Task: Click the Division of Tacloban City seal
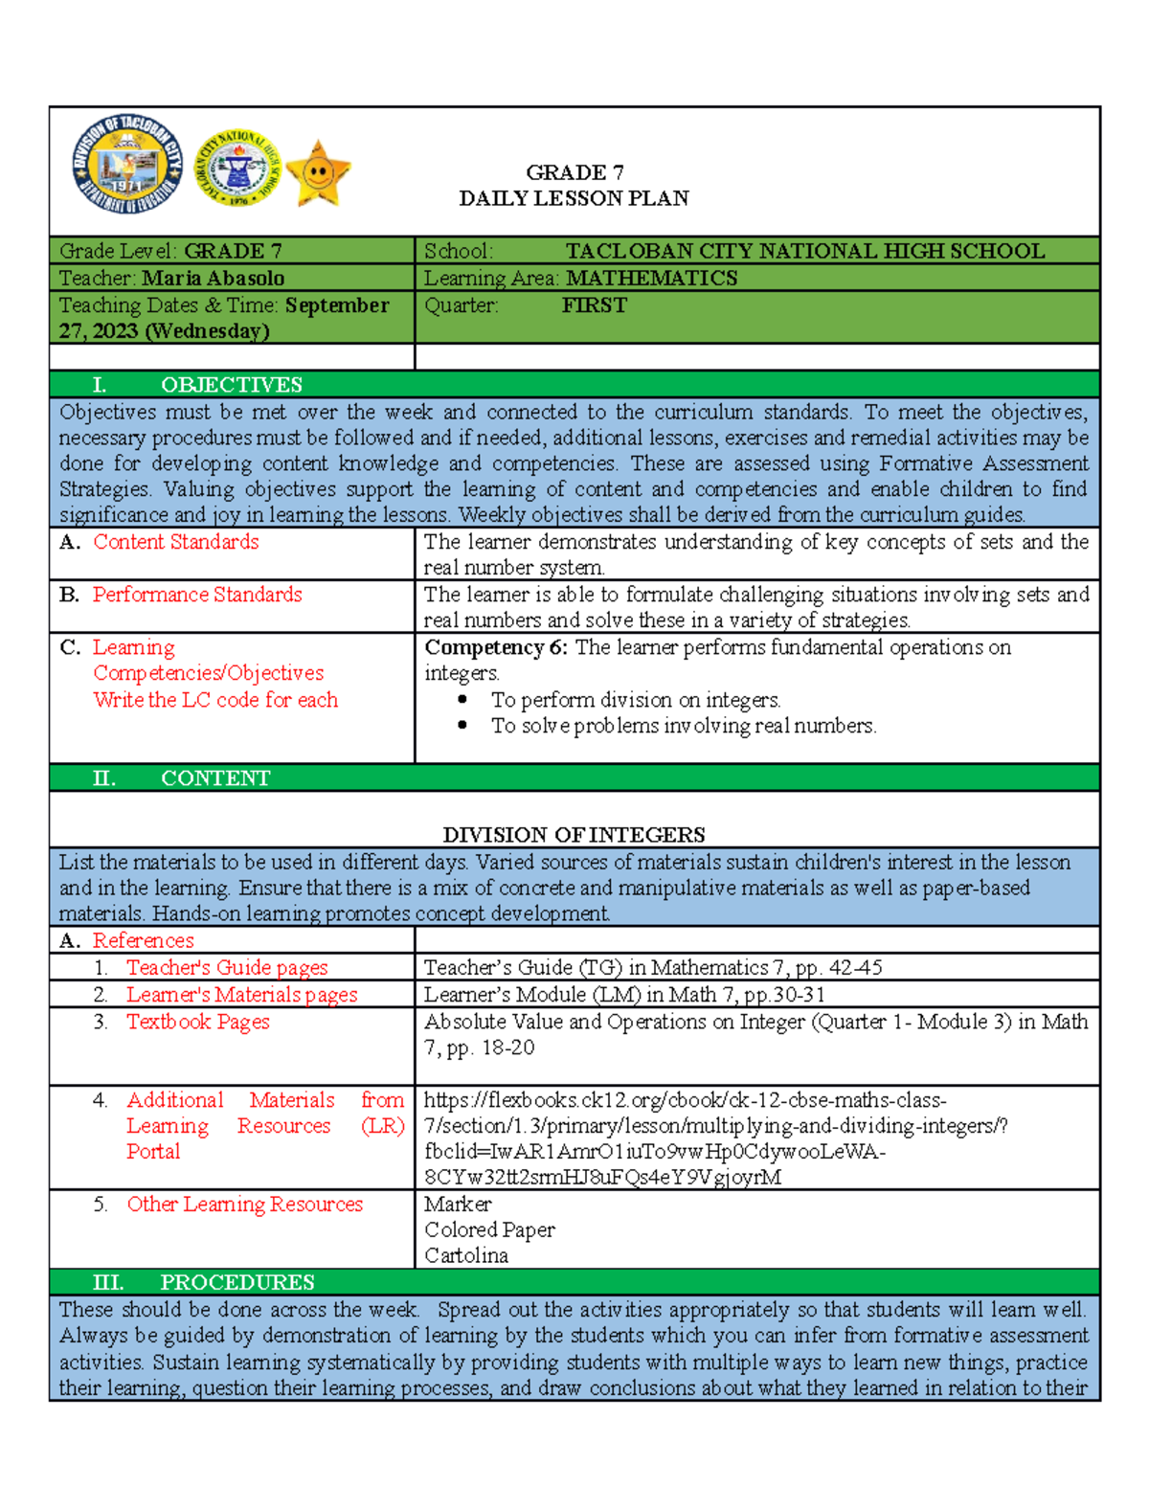(128, 168)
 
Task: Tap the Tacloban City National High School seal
(238, 169)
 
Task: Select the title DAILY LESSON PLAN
(574, 198)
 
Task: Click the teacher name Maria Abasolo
(214, 279)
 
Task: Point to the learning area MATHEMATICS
(651, 279)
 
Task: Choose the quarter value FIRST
(594, 305)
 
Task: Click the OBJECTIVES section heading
(231, 385)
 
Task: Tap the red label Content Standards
(176, 542)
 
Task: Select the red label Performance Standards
(197, 595)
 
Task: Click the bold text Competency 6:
(496, 647)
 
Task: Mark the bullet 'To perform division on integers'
(636, 700)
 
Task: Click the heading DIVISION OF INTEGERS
(574, 835)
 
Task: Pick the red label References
(143, 940)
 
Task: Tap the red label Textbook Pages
(198, 1022)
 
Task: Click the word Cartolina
(466, 1255)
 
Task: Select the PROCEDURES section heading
(237, 1282)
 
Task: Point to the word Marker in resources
(458, 1204)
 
